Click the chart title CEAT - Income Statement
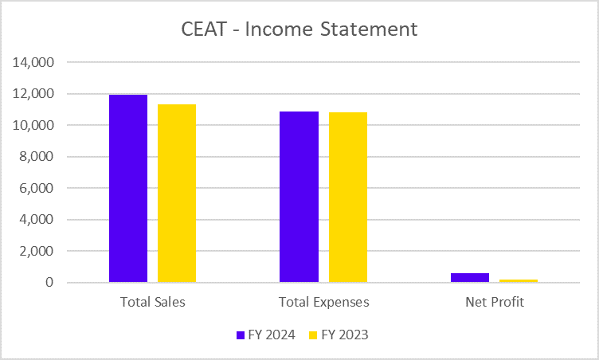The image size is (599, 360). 299,29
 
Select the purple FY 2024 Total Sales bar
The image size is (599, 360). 128,189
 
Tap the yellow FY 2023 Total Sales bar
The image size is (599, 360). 177,194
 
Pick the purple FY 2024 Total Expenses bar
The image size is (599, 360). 299,197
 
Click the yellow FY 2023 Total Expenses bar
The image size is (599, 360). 348,198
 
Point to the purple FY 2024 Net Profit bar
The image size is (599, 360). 470,277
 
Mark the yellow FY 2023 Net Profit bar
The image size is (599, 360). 519,280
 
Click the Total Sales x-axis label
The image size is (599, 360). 152,303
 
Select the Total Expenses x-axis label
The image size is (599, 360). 323,303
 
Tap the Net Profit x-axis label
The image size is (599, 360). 495,303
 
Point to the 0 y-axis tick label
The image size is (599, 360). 49,283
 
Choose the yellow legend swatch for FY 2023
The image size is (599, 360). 314,335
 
